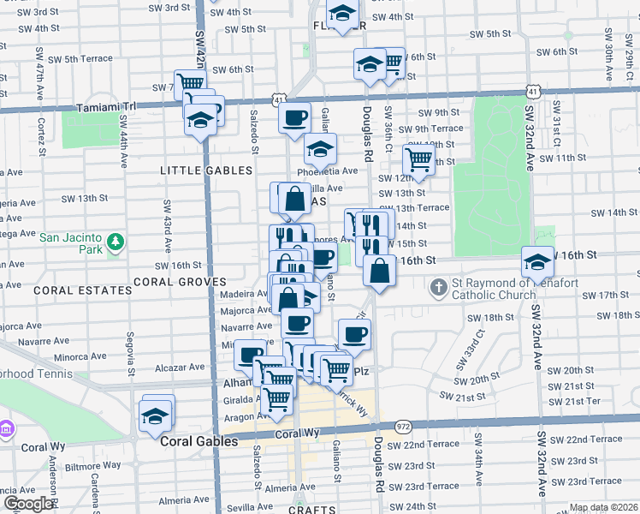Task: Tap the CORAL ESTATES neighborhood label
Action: pyautogui.click(x=83, y=290)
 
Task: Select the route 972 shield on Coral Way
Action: pyautogui.click(x=404, y=427)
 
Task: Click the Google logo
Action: pyautogui.click(x=28, y=504)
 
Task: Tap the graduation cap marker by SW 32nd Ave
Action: pyautogui.click(x=537, y=261)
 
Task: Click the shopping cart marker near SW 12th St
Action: pyautogui.click(x=418, y=158)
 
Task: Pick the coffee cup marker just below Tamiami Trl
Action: pyautogui.click(x=294, y=117)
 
